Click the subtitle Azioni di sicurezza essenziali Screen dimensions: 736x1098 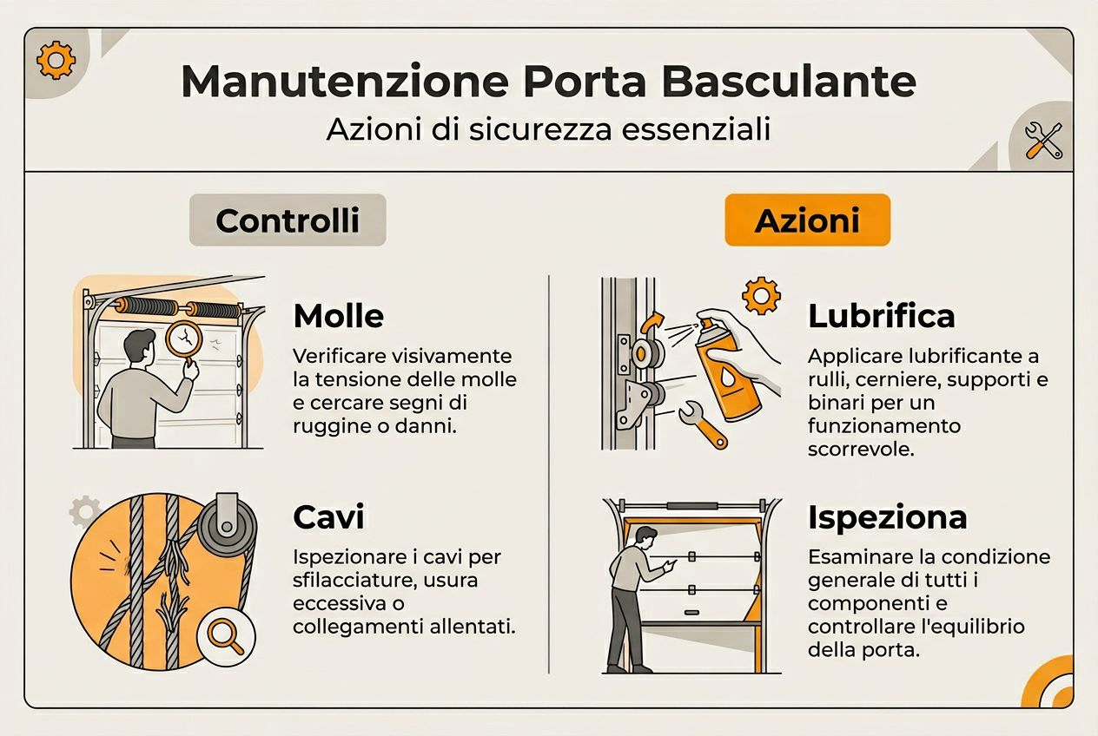tap(548, 129)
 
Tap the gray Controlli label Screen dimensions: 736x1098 tap(288, 220)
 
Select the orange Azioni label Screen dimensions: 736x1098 tap(807, 220)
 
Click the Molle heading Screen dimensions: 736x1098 tap(338, 316)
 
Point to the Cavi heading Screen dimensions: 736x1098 tap(328, 517)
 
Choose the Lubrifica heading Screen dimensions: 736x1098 tap(881, 316)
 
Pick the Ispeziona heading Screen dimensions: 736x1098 tap(887, 517)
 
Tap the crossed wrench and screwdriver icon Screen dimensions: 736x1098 tap(1042, 140)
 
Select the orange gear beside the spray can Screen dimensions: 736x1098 tap(761, 296)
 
